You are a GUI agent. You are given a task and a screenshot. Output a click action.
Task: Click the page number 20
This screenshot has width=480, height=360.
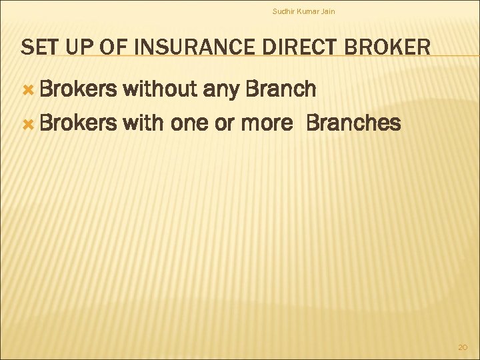[463, 347]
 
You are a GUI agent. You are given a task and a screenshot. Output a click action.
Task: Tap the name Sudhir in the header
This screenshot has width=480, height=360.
[283, 11]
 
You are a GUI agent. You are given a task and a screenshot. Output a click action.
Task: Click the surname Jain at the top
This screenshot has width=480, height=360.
[328, 11]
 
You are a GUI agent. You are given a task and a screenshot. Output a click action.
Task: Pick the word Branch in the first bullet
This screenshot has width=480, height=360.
[281, 89]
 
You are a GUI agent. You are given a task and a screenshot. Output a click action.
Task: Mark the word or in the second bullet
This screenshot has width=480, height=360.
[224, 124]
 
